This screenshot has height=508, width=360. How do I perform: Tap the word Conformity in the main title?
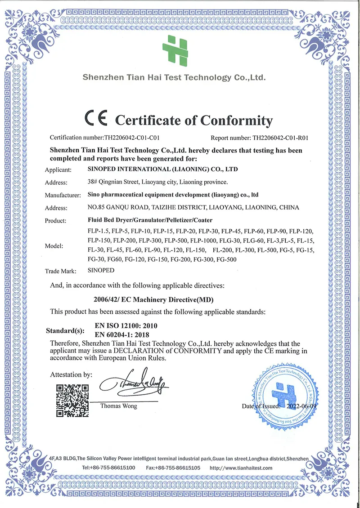coord(236,120)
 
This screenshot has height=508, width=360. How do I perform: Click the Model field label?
coord(54,246)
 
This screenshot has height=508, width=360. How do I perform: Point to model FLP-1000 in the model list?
coord(203,241)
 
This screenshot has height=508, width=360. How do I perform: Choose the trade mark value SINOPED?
coord(102,271)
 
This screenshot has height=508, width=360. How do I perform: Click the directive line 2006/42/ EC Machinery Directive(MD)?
coord(153,299)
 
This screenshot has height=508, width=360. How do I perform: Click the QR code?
coord(72,400)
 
